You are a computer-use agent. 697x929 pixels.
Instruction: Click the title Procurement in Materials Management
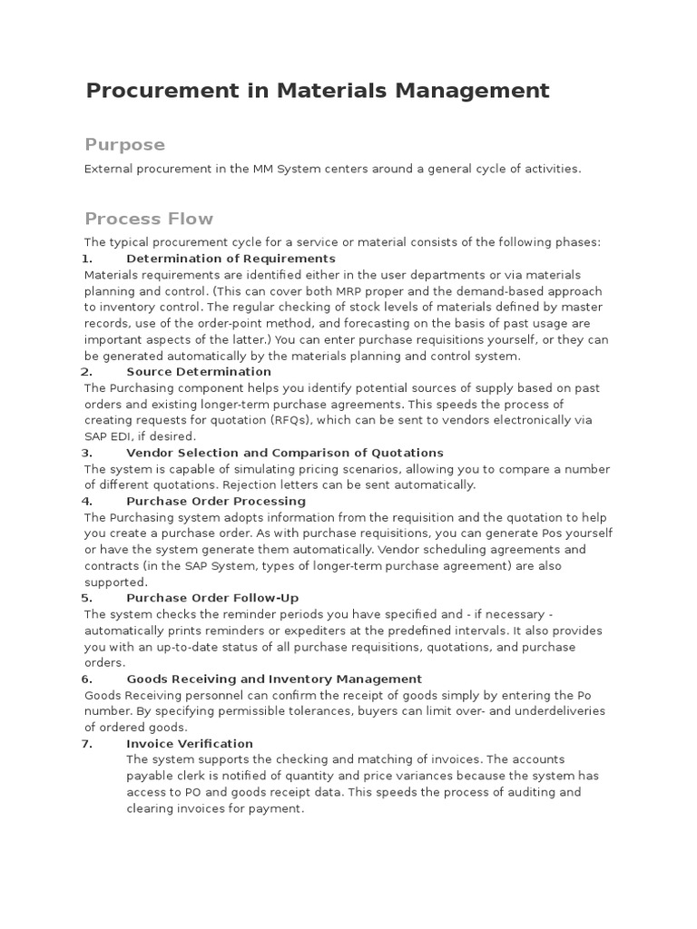point(317,91)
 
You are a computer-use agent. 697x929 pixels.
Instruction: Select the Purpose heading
point(124,145)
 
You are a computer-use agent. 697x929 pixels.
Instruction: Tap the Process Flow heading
point(149,219)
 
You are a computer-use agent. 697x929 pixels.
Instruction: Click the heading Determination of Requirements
point(231,259)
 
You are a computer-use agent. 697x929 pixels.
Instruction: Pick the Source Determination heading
point(199,371)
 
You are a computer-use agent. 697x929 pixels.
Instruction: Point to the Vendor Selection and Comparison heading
point(285,453)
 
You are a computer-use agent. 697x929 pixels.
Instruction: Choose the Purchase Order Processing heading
point(216,501)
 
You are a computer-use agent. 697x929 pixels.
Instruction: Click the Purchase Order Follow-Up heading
point(212,598)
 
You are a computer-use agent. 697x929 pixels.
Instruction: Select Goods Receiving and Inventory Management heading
point(274,679)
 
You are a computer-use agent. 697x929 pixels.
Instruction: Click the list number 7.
point(87,744)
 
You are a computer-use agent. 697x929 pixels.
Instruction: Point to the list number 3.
point(87,453)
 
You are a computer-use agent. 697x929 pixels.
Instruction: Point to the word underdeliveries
point(554,711)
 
